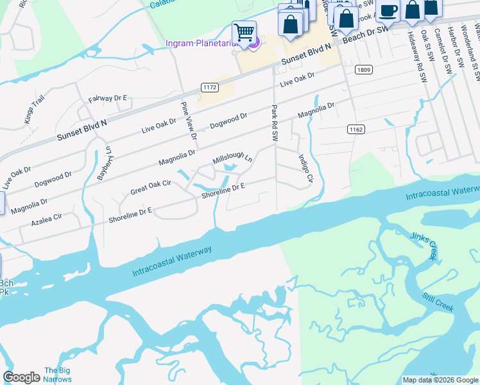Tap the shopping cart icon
coord(244,31)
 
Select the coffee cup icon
coord(388,10)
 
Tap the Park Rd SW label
coord(275,123)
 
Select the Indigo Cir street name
coord(305,168)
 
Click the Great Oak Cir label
coord(151,187)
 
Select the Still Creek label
coord(438,302)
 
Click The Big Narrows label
coord(56,375)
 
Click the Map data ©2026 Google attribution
coord(440,380)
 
